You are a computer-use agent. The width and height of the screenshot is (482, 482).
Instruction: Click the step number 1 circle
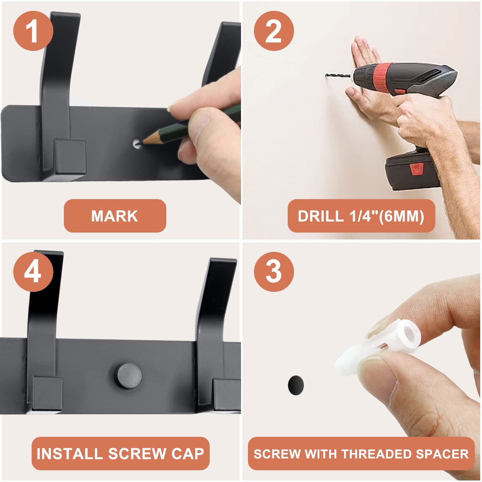coord(33,31)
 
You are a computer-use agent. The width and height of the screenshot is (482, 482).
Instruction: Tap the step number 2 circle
coord(274,31)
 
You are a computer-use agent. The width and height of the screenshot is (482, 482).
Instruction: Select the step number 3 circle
coord(274,272)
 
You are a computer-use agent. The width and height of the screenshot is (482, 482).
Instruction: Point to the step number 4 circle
coord(33,272)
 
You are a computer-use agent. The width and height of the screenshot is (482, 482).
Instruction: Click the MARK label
coord(115,216)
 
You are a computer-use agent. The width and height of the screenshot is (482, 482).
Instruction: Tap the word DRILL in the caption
coord(321,216)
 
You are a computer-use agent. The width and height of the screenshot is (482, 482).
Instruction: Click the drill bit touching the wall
coord(338,76)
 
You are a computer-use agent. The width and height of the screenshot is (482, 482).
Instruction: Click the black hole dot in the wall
coord(296,385)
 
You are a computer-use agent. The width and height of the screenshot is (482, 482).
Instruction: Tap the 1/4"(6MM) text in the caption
coord(387,216)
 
